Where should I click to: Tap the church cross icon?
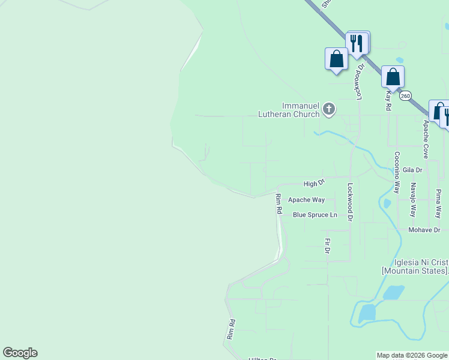tap(328, 109)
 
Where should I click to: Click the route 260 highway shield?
tap(406, 95)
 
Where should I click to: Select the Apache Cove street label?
tap(426, 139)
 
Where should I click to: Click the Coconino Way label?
tap(397, 172)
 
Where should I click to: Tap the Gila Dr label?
tap(413, 170)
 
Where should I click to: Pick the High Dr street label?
tap(314, 183)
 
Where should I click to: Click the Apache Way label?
tap(306, 200)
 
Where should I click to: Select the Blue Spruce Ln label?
tap(315, 215)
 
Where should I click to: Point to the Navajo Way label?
tap(413, 200)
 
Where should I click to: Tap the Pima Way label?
tap(438, 203)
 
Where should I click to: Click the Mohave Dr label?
tap(424, 230)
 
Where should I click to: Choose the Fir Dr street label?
tap(328, 245)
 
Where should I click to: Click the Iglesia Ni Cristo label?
tap(415, 266)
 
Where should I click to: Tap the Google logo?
tap(20, 353)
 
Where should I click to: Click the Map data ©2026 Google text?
tap(412, 356)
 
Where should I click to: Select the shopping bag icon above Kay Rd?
tap(393, 77)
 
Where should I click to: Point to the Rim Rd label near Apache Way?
tap(279, 205)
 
